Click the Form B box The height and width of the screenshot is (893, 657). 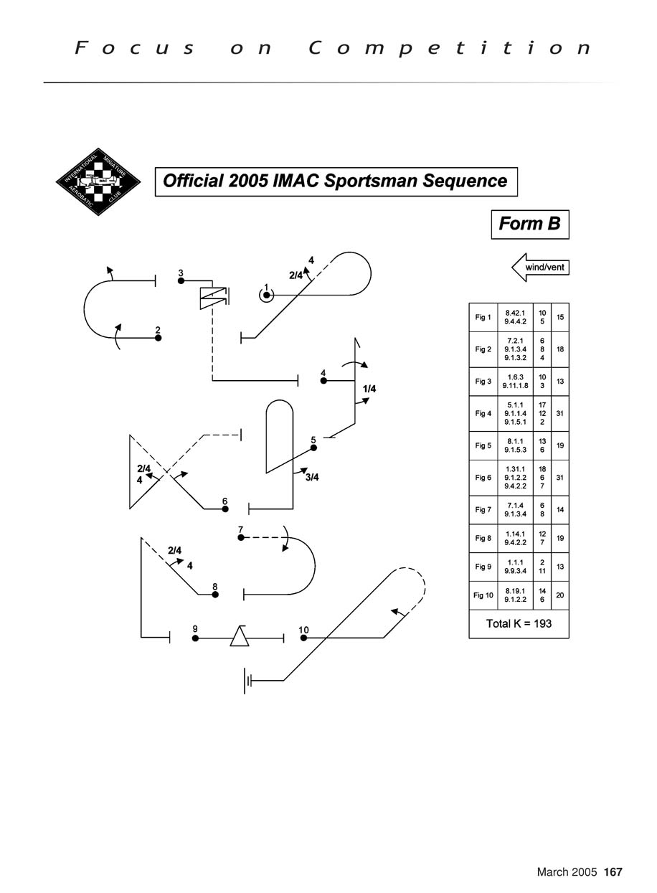click(x=529, y=224)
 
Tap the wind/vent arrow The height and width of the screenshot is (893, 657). click(x=540, y=268)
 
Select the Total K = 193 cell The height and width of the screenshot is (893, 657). click(x=519, y=623)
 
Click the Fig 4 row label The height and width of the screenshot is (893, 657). click(x=483, y=413)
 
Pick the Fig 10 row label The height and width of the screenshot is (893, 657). click(x=483, y=595)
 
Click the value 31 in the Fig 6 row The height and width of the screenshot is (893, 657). click(x=559, y=477)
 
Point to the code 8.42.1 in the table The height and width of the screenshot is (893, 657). click(x=515, y=313)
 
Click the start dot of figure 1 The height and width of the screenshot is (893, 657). click(x=266, y=296)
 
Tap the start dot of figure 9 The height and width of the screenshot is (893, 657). click(x=195, y=638)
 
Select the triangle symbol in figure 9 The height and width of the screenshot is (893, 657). click(x=240, y=636)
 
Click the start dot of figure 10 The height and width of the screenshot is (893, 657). click(x=303, y=638)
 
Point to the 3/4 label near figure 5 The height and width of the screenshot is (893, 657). click(x=311, y=478)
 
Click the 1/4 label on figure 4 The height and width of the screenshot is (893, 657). click(x=369, y=389)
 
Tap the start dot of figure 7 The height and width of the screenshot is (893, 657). click(x=241, y=537)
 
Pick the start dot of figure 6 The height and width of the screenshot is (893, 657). click(x=224, y=509)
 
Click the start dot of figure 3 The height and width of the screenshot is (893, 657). click(x=181, y=280)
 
